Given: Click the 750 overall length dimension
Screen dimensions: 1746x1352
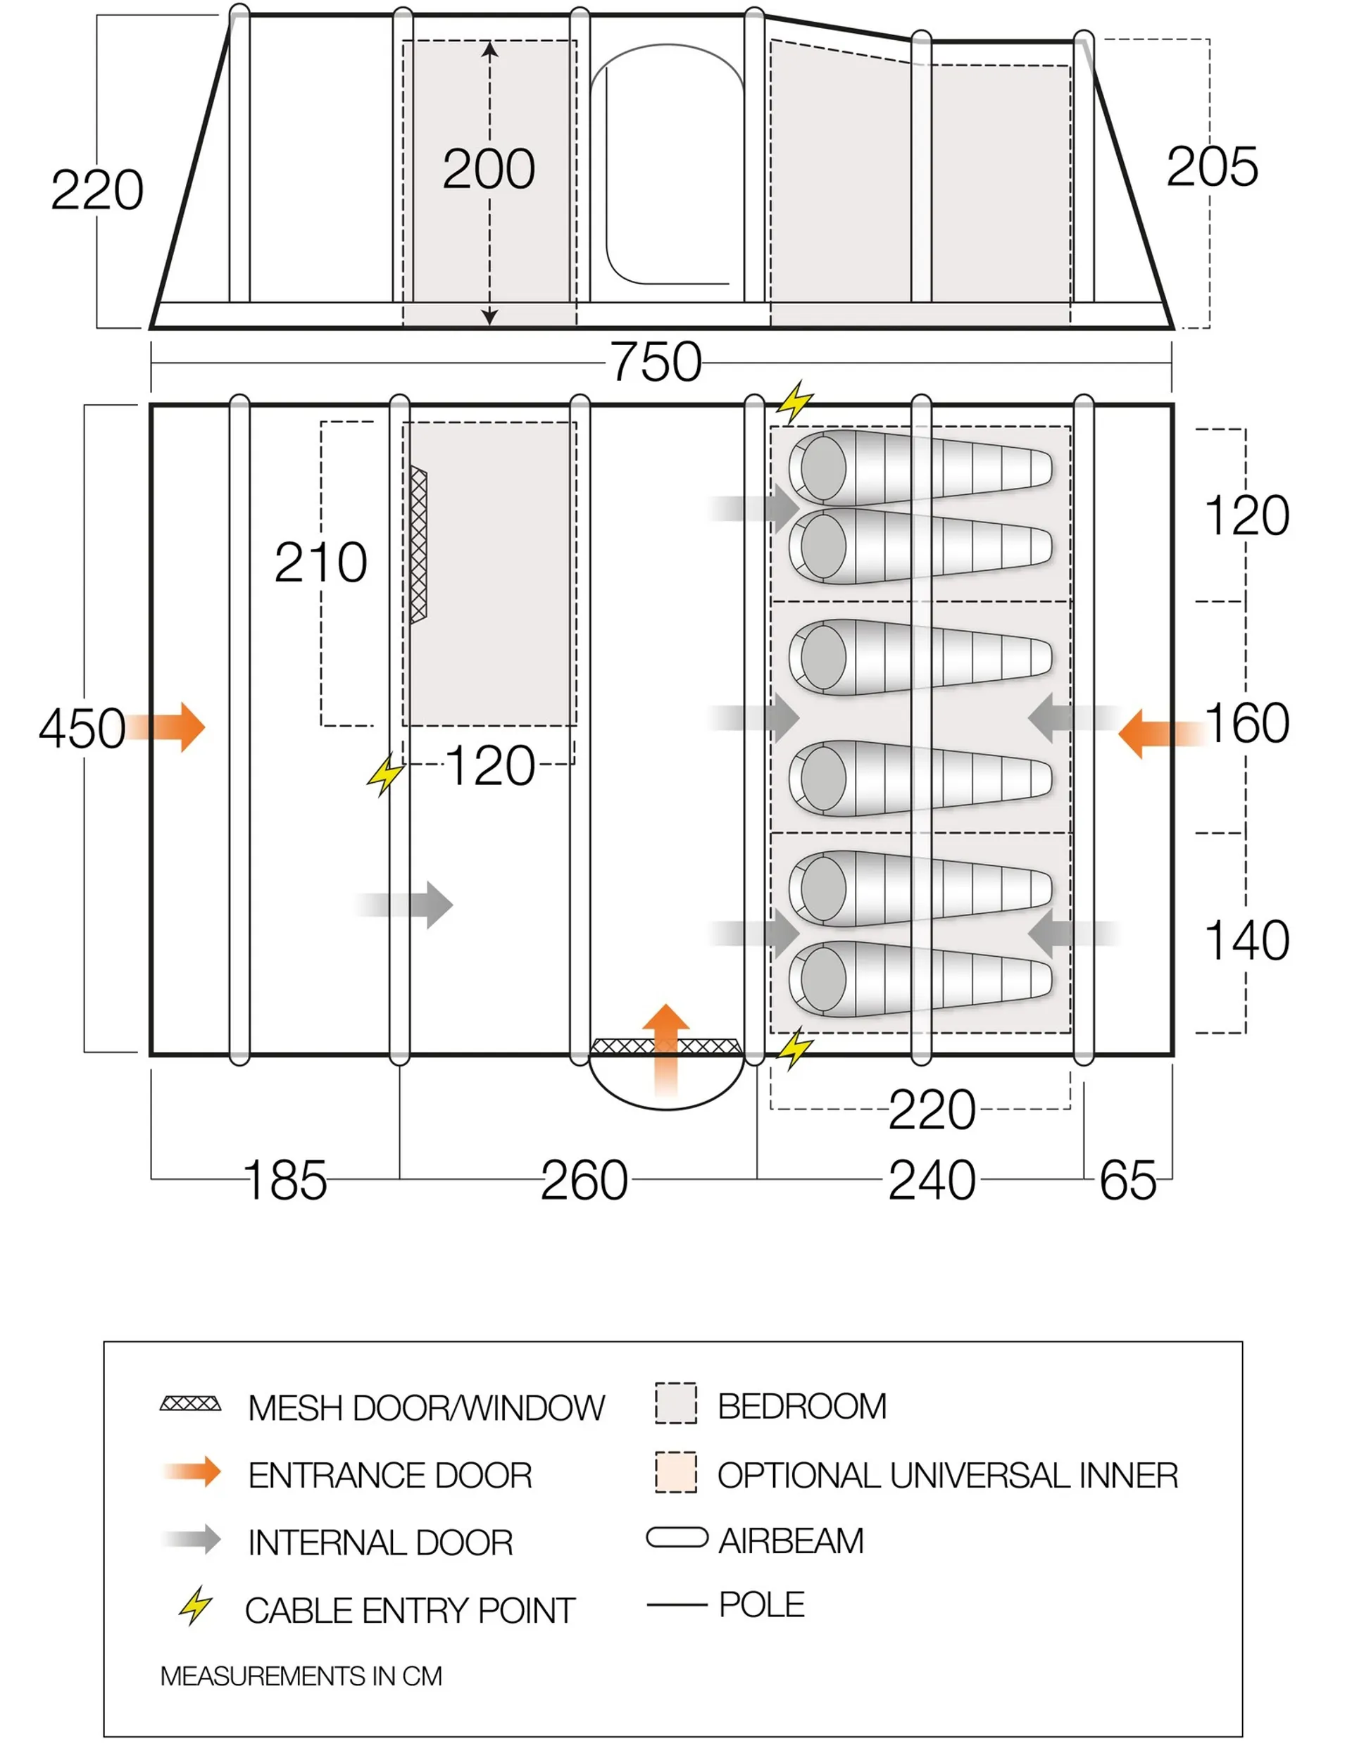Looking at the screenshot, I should coord(656,362).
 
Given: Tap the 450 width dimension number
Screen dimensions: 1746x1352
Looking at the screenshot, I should coord(82,728).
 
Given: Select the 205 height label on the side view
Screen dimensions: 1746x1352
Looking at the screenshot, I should coord(1211,167).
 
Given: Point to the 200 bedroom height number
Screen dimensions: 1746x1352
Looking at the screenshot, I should coord(489,169).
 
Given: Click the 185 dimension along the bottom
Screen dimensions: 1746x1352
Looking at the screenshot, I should coord(285,1181).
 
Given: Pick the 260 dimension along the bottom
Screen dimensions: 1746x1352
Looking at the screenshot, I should coord(584,1181).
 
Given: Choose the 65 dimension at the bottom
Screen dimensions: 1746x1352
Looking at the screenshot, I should coord(1127,1181).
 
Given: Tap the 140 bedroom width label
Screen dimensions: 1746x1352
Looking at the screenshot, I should coord(1246,940).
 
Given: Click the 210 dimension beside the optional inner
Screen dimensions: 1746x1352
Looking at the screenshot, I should coord(320,563).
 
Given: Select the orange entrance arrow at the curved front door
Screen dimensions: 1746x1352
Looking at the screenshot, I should coord(665,1048).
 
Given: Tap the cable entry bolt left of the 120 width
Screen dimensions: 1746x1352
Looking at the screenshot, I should coord(385,774).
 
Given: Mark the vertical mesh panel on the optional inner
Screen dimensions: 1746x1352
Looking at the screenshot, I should coord(418,545).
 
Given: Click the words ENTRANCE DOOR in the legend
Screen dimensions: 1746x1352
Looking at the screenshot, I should coord(389,1475).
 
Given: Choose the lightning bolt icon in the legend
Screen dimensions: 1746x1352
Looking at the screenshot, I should coord(194,1606).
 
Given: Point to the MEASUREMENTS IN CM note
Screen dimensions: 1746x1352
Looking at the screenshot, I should coord(301,1676).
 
